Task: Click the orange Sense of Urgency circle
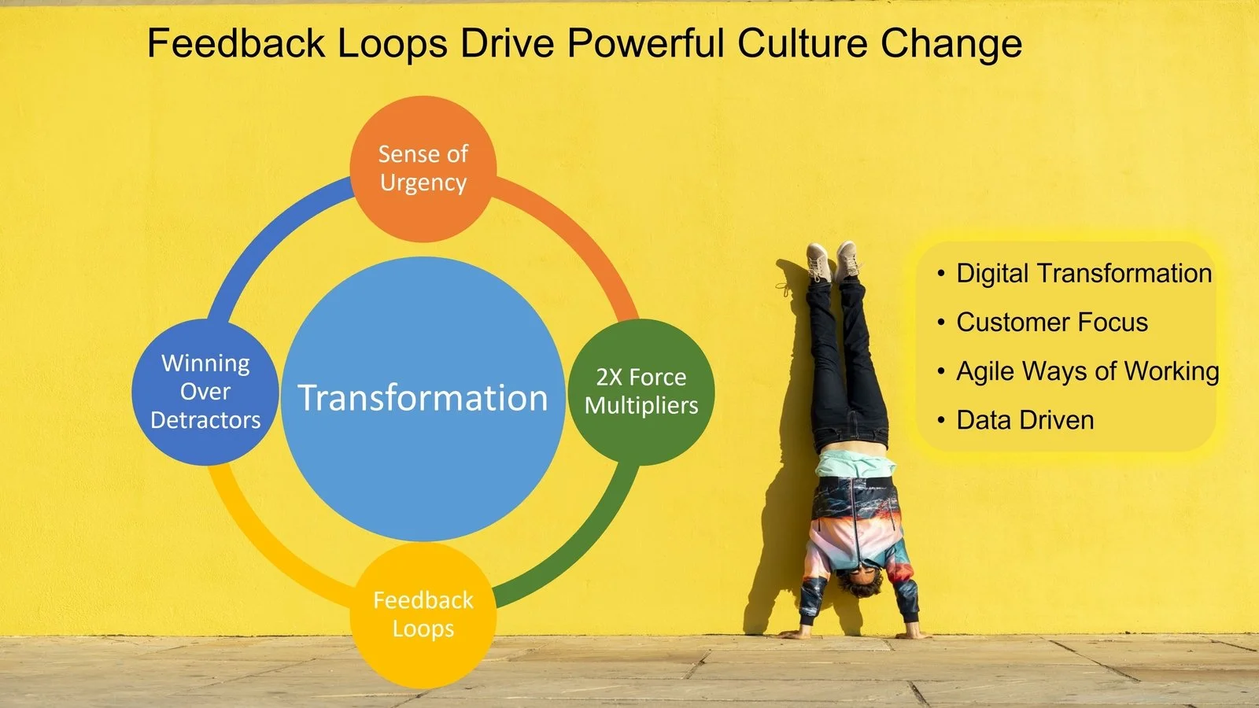point(423,168)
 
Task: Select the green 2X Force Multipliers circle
point(641,391)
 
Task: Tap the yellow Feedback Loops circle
point(423,614)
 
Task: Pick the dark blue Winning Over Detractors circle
point(205,391)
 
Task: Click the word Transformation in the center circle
point(423,398)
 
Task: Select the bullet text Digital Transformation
point(1084,274)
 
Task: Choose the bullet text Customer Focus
point(1052,323)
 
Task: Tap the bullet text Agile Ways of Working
point(1087,371)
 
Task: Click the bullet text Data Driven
point(1025,420)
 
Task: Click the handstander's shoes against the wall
point(833,261)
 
